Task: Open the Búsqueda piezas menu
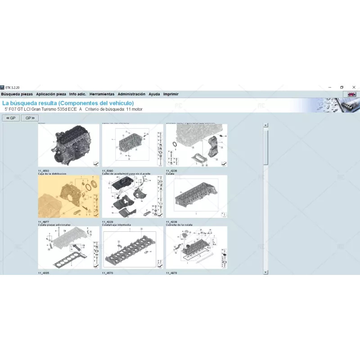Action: pos(17,94)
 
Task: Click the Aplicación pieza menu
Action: pos(51,94)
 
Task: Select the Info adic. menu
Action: pos(77,94)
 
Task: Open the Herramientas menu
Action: pos(102,94)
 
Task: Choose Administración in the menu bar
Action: pos(131,94)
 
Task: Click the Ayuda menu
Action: pos(154,94)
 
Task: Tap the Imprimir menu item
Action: pos(171,94)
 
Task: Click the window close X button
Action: pos(354,87)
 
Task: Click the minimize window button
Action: pos(329,87)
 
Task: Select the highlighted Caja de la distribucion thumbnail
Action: pos(68,197)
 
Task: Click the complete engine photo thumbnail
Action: pos(68,146)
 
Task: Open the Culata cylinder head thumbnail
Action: pos(196,197)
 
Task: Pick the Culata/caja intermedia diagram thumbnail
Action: pos(132,248)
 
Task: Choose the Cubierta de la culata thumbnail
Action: pos(196,248)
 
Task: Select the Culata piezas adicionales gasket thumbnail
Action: pos(68,248)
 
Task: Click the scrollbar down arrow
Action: pos(265,272)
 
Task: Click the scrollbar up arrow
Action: pos(265,126)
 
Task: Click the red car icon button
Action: pos(350,94)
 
